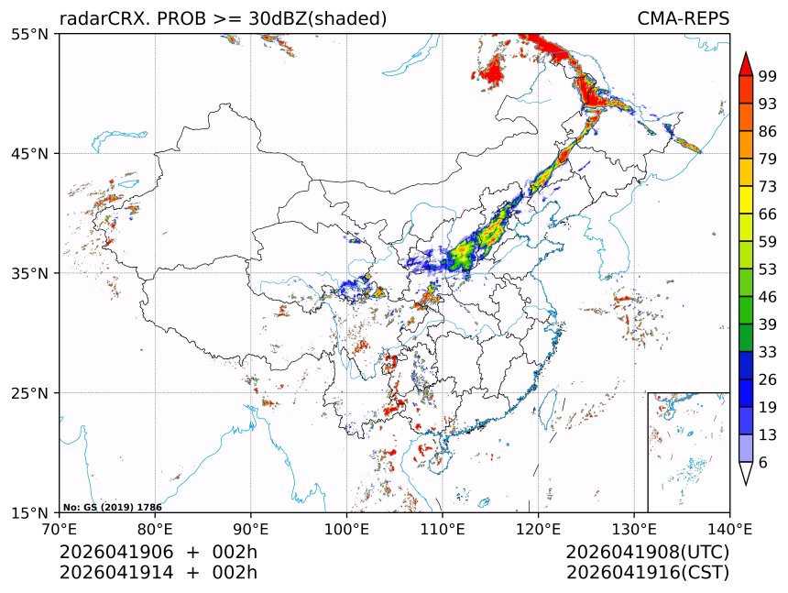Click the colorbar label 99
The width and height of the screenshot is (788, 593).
coord(769,76)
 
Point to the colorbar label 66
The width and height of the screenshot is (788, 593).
coord(769,214)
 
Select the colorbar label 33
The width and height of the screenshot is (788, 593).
coord(769,352)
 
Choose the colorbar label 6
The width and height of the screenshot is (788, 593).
coord(763,462)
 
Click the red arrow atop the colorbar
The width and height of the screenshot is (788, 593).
coord(746,65)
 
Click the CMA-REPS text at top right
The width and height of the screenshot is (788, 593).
coord(683,19)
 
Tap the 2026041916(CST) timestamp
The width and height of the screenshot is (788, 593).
coord(647,573)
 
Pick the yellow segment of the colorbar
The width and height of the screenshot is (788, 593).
coord(746,199)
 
